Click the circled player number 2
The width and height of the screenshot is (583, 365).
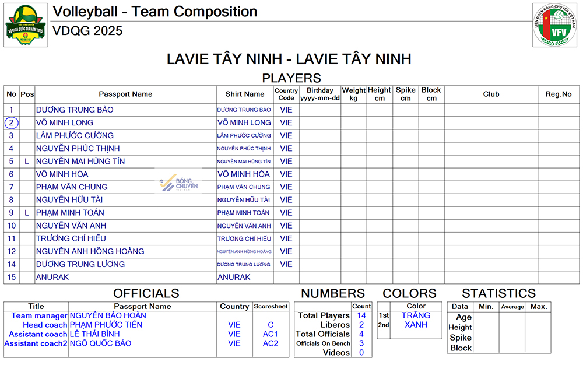(11, 122)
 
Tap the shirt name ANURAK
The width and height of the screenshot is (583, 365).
(234, 277)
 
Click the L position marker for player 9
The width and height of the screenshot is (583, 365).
(26, 213)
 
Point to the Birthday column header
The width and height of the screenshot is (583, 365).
(319, 94)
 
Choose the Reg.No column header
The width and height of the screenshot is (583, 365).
(558, 94)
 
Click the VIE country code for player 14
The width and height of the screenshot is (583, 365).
(286, 264)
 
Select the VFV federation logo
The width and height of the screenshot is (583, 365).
(554, 24)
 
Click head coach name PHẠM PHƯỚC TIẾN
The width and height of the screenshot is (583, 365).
(106, 325)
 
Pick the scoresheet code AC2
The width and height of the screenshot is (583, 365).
(271, 343)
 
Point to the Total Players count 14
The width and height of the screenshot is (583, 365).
(361, 315)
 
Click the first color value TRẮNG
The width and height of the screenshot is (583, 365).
(416, 315)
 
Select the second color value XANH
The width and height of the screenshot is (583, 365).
(416, 325)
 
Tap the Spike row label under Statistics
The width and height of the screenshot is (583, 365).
(461, 338)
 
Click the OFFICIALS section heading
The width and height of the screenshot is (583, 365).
(146, 293)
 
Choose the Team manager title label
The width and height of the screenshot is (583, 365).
(39, 315)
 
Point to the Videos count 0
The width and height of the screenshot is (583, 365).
(361, 353)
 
